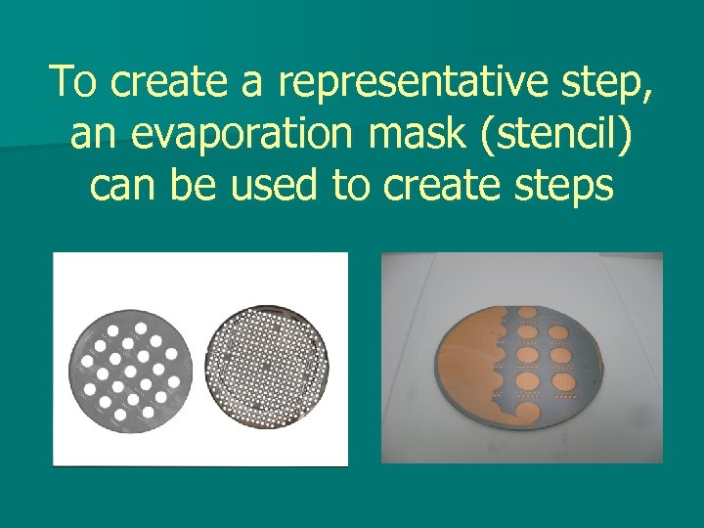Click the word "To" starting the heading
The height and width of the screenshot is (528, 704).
(75, 82)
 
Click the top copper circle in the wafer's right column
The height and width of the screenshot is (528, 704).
(561, 333)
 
